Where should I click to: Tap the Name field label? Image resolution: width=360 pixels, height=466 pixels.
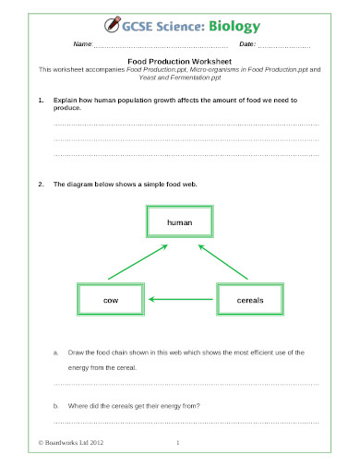(x=82, y=45)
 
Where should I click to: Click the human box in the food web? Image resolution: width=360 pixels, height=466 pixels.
(x=179, y=224)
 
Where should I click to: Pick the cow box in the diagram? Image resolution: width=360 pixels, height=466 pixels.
(x=111, y=300)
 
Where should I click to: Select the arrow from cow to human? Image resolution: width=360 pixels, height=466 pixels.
(x=137, y=262)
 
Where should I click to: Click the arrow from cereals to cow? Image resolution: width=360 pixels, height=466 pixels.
(x=181, y=300)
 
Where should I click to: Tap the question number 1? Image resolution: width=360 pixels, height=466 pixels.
(x=40, y=99)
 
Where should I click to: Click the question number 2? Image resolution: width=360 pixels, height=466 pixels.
(x=40, y=185)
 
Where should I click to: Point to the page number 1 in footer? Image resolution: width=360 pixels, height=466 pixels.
(x=178, y=443)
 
